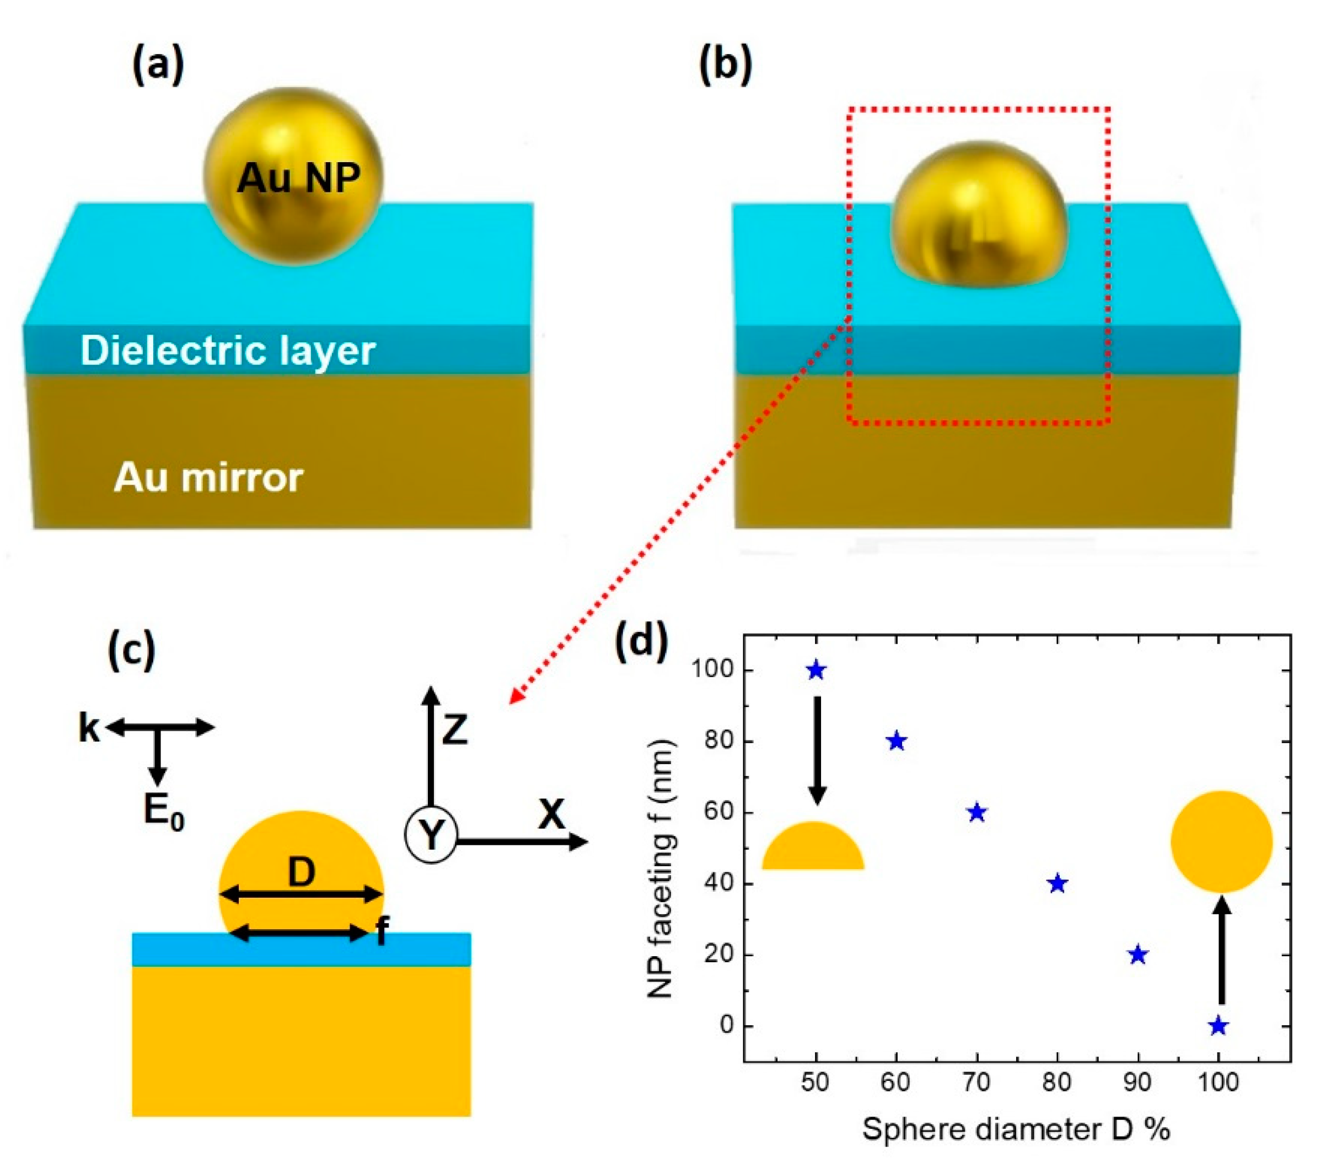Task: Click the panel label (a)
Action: [158, 66]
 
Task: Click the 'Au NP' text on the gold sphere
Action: [298, 177]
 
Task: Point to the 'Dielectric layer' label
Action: [228, 351]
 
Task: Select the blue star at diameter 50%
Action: [816, 671]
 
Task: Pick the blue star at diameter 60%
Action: [897, 741]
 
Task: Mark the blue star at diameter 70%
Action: [977, 812]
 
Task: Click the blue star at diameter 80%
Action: [1057, 883]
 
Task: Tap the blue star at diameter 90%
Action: [1138, 954]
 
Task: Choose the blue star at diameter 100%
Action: [1218, 1026]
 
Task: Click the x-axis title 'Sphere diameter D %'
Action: [1016, 1129]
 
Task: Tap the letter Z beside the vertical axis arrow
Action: [454, 730]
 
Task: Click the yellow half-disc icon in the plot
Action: [813, 848]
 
